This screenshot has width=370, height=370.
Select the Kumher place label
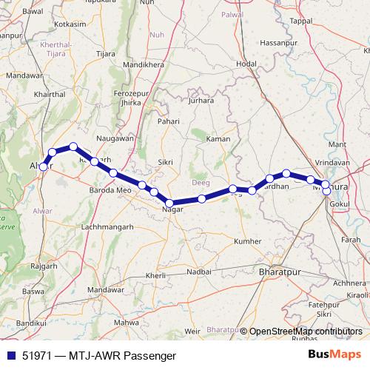click(x=247, y=241)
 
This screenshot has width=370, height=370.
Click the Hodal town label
click(x=246, y=64)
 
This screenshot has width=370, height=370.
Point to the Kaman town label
click(x=219, y=139)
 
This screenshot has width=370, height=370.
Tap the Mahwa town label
click(x=130, y=322)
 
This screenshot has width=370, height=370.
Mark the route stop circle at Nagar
click(x=169, y=203)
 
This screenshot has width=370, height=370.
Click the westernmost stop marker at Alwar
click(x=44, y=167)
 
